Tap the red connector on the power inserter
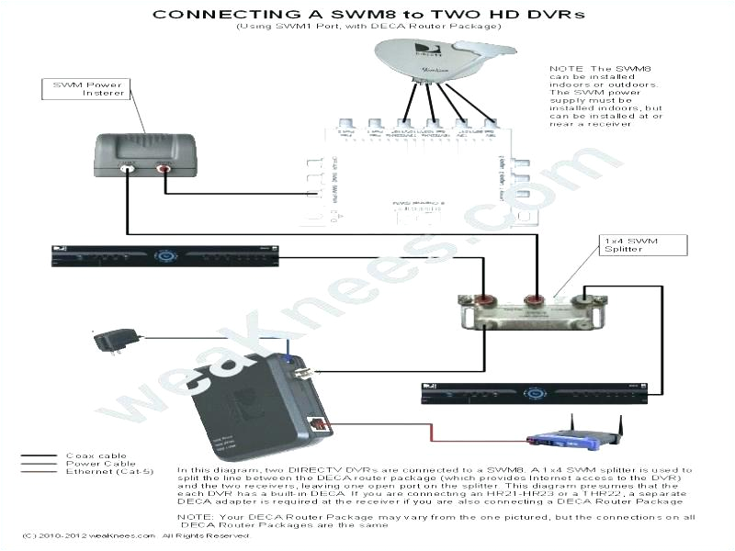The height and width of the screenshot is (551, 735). (x=164, y=168)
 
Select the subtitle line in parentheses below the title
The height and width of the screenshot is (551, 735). (x=367, y=27)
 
